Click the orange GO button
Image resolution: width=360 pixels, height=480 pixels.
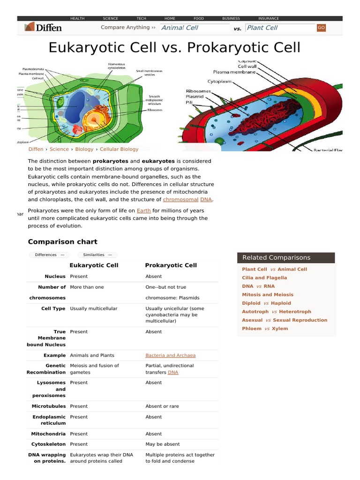321,28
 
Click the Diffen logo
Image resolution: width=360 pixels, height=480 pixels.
43,28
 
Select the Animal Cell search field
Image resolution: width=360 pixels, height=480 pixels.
194,28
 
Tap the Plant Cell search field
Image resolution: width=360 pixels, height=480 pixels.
280,28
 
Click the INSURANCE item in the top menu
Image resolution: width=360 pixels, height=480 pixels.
269,18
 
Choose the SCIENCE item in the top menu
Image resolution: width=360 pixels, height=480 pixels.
111,18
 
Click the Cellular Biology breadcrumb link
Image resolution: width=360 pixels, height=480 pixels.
119,149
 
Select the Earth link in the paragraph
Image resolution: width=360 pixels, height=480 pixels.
143,210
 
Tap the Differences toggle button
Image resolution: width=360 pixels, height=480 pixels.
50,255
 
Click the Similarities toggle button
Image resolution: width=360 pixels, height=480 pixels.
97,255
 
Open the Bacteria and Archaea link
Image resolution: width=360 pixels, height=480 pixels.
171,355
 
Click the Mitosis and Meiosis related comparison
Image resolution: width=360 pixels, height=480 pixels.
268,294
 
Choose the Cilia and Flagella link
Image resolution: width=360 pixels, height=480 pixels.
264,277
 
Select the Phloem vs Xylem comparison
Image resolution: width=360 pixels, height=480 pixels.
265,329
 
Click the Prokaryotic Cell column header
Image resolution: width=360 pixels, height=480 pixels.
171,265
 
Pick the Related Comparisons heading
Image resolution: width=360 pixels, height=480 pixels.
277,257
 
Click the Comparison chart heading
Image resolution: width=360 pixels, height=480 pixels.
62,242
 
